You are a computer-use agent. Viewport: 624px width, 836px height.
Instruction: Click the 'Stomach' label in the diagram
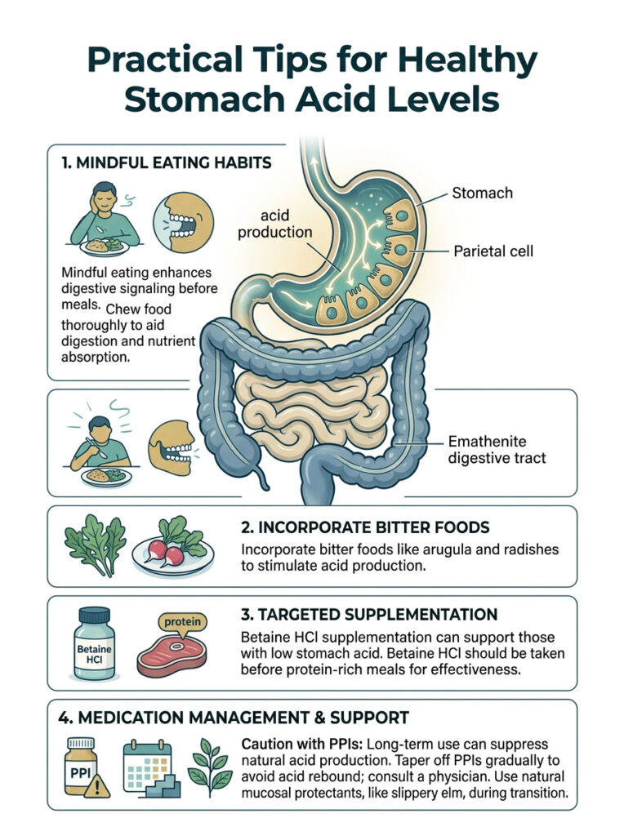coord(482,193)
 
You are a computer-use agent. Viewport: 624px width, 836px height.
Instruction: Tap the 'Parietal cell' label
coord(493,251)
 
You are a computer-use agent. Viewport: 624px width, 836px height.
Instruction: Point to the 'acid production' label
coord(274,223)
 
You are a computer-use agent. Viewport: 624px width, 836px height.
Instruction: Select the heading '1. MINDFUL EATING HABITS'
coord(167,163)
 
